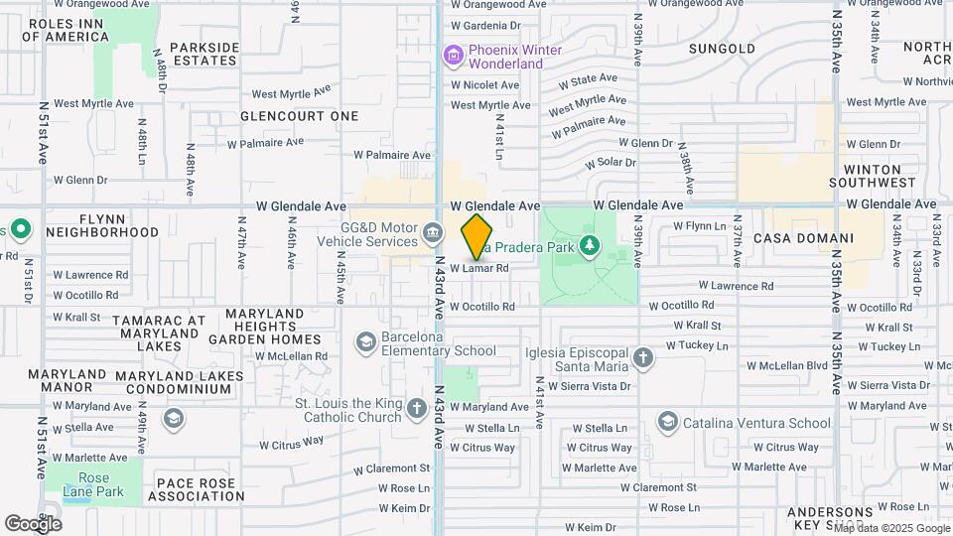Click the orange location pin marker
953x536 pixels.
477,236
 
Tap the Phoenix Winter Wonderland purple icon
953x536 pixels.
455,56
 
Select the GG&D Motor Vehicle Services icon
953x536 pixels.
433,233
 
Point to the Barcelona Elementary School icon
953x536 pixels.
366,342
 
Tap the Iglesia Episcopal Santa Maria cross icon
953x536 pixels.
643,357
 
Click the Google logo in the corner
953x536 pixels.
33,523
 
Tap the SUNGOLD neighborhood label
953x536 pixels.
722,48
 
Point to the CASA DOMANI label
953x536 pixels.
803,238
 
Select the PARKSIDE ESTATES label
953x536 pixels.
204,54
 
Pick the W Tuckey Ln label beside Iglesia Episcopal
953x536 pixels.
696,345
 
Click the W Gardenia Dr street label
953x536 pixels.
485,25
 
